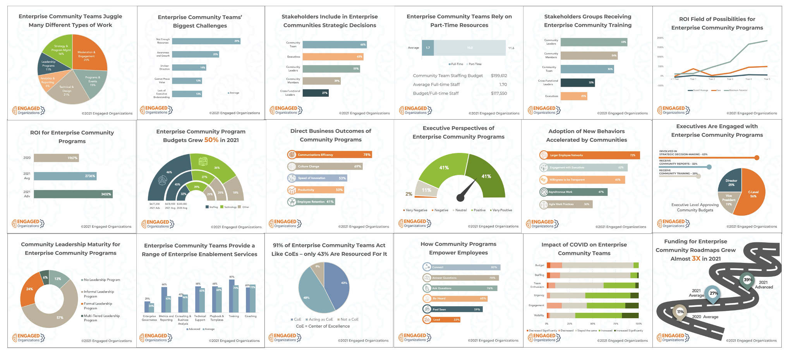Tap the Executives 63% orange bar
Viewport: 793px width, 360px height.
(x=333, y=57)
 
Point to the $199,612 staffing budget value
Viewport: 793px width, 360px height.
(x=499, y=75)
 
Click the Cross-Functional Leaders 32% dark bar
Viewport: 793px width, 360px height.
(x=577, y=82)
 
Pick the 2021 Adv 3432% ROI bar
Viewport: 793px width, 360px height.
(x=73, y=194)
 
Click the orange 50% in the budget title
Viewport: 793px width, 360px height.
(x=211, y=140)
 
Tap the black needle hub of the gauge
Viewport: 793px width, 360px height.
(x=460, y=198)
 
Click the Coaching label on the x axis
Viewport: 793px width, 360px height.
(x=251, y=316)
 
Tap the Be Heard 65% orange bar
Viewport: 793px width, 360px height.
(x=455, y=298)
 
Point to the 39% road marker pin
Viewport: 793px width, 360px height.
(x=747, y=280)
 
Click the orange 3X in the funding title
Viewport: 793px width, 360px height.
(x=696, y=258)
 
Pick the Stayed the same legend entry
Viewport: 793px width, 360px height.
(x=587, y=331)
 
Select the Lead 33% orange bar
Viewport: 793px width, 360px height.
(x=441, y=319)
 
